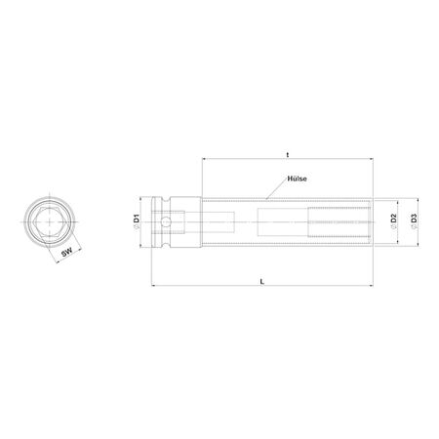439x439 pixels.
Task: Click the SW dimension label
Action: point(66,252)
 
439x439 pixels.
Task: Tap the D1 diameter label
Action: point(137,219)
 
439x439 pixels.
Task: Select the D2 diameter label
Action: point(394,219)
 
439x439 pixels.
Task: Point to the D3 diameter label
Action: point(414,219)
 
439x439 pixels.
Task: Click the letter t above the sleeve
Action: point(288,155)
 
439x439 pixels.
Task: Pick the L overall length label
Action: point(262,282)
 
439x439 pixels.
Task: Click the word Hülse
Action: point(297,179)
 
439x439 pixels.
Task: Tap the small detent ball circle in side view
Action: point(166,222)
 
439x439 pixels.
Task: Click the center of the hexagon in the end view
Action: point(50,222)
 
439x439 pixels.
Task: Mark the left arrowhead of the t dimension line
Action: point(204,159)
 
